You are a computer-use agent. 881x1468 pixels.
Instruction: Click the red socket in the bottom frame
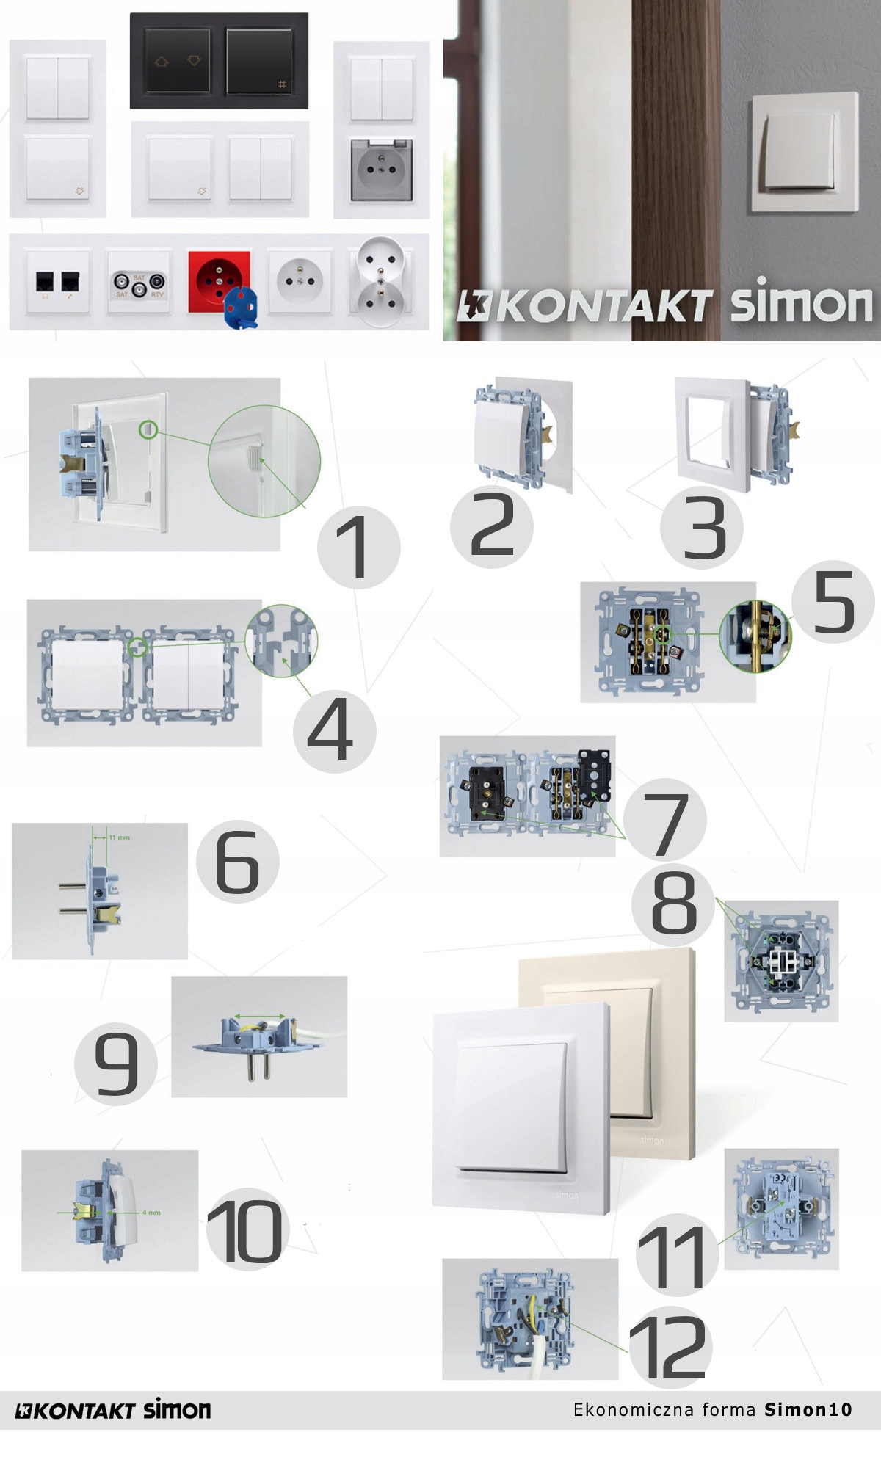[x=218, y=279]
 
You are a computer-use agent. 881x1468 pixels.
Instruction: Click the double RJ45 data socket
[x=58, y=283]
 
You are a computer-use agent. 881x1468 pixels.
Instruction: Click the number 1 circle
[x=358, y=547]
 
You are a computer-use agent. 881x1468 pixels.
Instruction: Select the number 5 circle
[x=833, y=603]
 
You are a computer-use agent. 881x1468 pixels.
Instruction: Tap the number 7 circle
[x=665, y=821]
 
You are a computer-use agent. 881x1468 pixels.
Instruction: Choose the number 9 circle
[x=116, y=1064]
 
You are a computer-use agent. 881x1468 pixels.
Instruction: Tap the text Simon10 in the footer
[x=808, y=1409]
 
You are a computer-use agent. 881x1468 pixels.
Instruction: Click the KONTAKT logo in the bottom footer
[x=76, y=1410]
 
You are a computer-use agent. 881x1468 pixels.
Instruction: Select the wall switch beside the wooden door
[x=803, y=153]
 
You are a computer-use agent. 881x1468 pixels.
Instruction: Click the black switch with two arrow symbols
[x=177, y=62]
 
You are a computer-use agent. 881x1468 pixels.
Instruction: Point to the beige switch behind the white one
[x=646, y=1050]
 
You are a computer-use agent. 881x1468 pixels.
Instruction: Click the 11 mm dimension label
[x=120, y=837]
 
